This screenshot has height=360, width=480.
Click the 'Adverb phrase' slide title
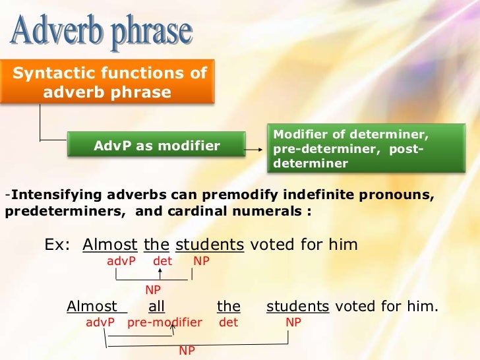(x=102, y=32)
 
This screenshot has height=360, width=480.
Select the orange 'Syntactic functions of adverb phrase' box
(x=109, y=82)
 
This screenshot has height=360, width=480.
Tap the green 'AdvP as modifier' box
(x=157, y=146)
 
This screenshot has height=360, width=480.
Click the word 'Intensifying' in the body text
(x=52, y=195)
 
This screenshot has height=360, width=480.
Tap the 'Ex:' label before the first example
(x=57, y=245)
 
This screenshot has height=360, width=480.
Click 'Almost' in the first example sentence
(x=110, y=245)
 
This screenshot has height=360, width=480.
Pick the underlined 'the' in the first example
(x=156, y=245)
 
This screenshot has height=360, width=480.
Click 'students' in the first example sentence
(x=210, y=245)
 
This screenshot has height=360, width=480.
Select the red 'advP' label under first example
(x=121, y=261)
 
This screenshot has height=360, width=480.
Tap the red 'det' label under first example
(x=162, y=261)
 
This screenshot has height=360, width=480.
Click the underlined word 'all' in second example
(x=156, y=307)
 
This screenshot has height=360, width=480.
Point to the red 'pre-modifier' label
(x=164, y=323)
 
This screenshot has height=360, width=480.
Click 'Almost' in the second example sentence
(x=92, y=307)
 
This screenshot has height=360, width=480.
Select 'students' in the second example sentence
(x=297, y=307)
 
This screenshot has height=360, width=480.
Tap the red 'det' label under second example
(x=228, y=323)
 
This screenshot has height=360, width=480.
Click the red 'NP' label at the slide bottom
(x=187, y=351)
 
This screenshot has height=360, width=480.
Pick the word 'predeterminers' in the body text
(x=51, y=212)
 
